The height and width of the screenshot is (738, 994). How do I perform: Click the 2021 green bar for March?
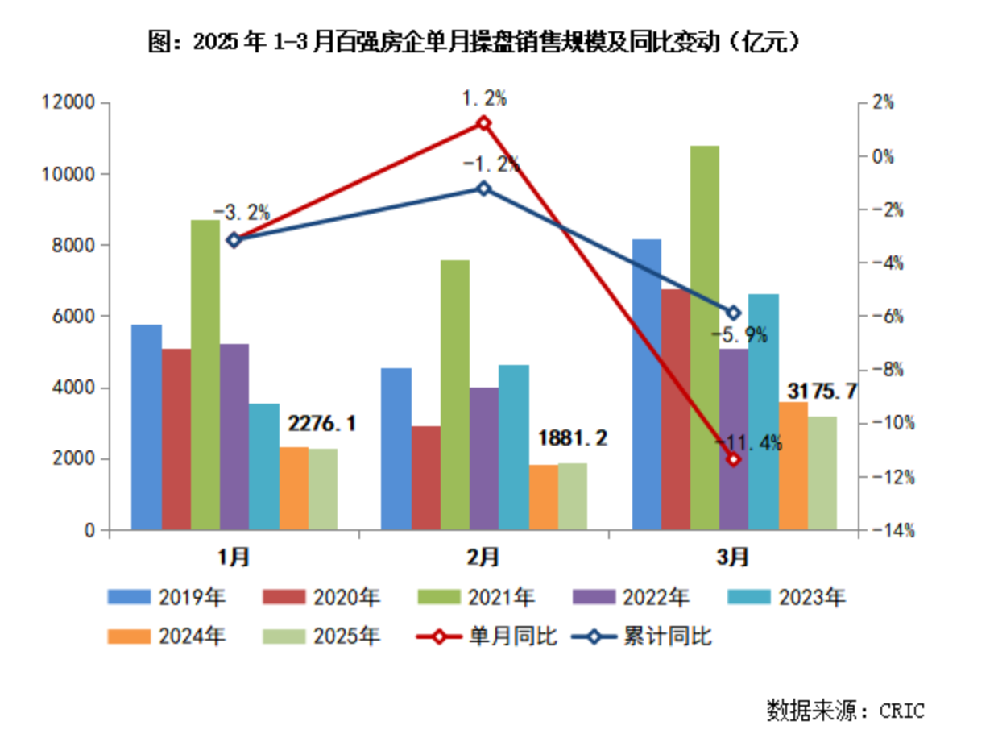coord(705,338)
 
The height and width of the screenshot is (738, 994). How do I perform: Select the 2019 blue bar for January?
coord(147,427)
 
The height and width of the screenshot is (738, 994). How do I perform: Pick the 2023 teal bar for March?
coord(764,412)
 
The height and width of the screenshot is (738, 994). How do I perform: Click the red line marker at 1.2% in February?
coord(483,123)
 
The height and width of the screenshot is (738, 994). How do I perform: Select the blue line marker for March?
coord(733,313)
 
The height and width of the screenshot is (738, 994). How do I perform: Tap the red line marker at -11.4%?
coord(733,459)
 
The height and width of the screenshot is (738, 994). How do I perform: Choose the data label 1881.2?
coord(572,439)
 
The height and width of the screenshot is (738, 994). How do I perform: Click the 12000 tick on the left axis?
coord(68,103)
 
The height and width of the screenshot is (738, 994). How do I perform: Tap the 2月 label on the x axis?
coord(483,557)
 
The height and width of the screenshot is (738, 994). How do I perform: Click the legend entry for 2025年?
coord(321,636)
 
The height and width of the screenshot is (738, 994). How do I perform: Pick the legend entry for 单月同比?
coord(488,636)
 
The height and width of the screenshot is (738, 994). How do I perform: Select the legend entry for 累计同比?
coord(644,636)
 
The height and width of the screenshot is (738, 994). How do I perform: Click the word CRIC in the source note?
coord(901,711)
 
